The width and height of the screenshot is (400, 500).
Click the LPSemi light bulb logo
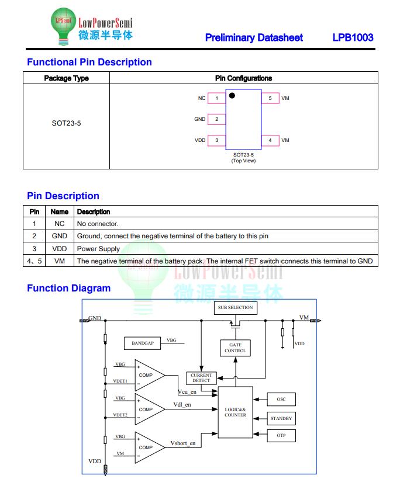pyautogui.click(x=64, y=26)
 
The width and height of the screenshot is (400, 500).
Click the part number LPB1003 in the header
pyautogui.click(x=353, y=37)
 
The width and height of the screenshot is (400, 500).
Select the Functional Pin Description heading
pyautogui.click(x=89, y=62)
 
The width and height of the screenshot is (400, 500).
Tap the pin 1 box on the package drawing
pyautogui.click(x=217, y=98)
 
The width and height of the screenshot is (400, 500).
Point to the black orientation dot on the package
pyautogui.click(x=232, y=96)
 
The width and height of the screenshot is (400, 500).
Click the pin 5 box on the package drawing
pyautogui.click(x=270, y=98)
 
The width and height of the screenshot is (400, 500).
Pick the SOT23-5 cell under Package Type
pyautogui.click(x=67, y=123)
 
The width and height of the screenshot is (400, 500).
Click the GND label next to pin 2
pyautogui.click(x=200, y=119)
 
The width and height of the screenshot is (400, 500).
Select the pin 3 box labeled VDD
pyautogui.click(x=217, y=140)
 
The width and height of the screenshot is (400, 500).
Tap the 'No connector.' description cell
pyautogui.click(x=98, y=224)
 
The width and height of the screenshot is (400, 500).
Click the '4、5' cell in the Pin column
pyautogui.click(x=35, y=261)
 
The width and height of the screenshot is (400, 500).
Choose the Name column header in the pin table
pyautogui.click(x=60, y=211)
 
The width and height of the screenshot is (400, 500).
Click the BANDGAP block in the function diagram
pyautogui.click(x=142, y=343)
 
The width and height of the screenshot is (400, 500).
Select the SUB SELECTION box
pyautogui.click(x=236, y=308)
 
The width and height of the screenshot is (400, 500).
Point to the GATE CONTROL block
pyautogui.click(x=236, y=348)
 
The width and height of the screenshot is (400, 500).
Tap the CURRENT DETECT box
pyautogui.click(x=201, y=378)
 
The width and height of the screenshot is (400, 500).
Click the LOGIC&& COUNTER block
pyautogui.click(x=236, y=412)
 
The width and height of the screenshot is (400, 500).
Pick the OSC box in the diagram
pyautogui.click(x=281, y=399)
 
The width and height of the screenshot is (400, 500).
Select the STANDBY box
pyautogui.click(x=281, y=418)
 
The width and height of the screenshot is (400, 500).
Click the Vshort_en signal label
pyautogui.click(x=183, y=443)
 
